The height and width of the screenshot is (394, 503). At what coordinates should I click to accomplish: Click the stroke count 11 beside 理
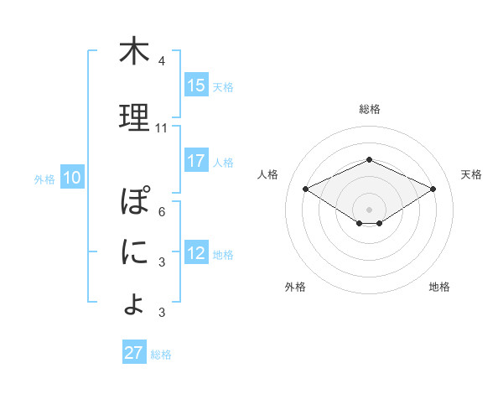[162, 128]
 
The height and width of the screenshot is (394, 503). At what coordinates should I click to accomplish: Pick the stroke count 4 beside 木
[162, 62]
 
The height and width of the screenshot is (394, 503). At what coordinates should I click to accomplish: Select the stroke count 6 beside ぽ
[162, 211]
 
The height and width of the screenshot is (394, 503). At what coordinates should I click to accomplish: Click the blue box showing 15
[196, 86]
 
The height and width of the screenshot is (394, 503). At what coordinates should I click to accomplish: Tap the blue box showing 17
[196, 161]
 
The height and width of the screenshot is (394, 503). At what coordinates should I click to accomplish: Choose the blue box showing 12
[196, 254]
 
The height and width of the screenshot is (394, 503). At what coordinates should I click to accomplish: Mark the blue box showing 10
[72, 178]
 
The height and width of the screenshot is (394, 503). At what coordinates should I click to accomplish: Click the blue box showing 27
[134, 353]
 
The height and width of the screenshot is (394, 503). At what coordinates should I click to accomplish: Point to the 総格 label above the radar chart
[370, 109]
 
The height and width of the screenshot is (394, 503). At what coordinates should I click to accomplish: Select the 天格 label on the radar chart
[471, 174]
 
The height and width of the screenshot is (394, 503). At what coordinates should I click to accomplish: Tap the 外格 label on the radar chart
[295, 287]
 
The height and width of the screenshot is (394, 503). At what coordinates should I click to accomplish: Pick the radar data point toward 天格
[433, 189]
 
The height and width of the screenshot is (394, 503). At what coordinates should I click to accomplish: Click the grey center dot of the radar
[370, 208]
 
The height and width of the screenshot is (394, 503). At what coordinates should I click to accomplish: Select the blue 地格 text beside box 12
[223, 255]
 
